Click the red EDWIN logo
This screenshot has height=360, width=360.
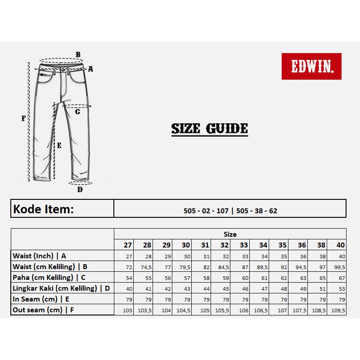click(x=311, y=67)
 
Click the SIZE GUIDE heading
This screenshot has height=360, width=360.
click(x=209, y=129)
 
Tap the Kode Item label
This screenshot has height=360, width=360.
click(x=43, y=209)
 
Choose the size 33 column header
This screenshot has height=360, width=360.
click(x=244, y=245)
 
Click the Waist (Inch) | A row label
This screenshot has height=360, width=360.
click(x=40, y=256)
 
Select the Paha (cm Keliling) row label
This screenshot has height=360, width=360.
click(x=49, y=277)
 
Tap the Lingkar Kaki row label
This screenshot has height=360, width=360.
click(x=61, y=288)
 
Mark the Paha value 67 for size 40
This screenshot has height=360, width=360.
click(x=342, y=278)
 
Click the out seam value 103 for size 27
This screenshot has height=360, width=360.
click(x=128, y=310)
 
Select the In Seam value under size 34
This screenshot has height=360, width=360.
click(x=264, y=299)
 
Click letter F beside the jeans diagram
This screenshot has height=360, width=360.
click(x=24, y=119)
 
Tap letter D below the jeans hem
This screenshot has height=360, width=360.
click(x=80, y=189)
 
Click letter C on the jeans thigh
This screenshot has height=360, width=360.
click(x=77, y=112)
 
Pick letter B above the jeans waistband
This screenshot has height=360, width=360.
click(x=78, y=55)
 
